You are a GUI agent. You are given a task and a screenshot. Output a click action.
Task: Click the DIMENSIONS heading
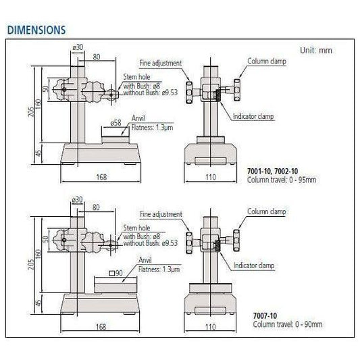click(x=35, y=30)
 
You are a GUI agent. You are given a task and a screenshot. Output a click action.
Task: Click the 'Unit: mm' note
click(x=315, y=51)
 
